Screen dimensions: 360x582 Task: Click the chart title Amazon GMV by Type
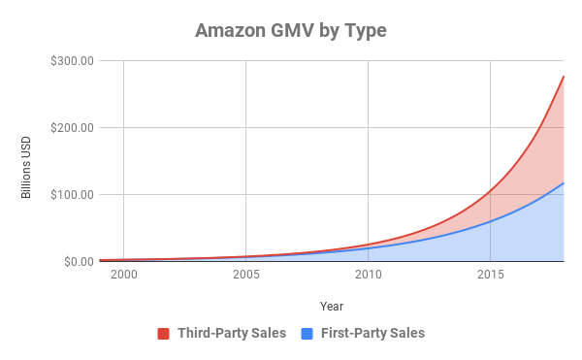click(x=291, y=30)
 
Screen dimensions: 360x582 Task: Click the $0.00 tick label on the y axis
click(x=77, y=261)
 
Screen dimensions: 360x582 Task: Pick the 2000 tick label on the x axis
click(x=123, y=277)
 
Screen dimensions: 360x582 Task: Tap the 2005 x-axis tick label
click(x=245, y=277)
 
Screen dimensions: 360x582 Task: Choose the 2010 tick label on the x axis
click(x=368, y=277)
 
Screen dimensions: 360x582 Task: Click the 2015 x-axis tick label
click(x=490, y=277)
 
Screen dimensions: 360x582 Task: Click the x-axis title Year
click(x=332, y=306)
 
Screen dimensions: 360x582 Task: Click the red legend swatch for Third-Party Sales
click(x=164, y=334)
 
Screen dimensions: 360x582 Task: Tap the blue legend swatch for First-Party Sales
click(x=307, y=334)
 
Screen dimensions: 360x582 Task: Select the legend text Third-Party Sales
click(x=231, y=334)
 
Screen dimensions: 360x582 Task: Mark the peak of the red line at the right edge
click(x=564, y=76)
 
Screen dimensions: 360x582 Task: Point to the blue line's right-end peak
click(x=564, y=182)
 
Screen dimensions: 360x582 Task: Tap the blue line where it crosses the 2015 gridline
click(x=490, y=221)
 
